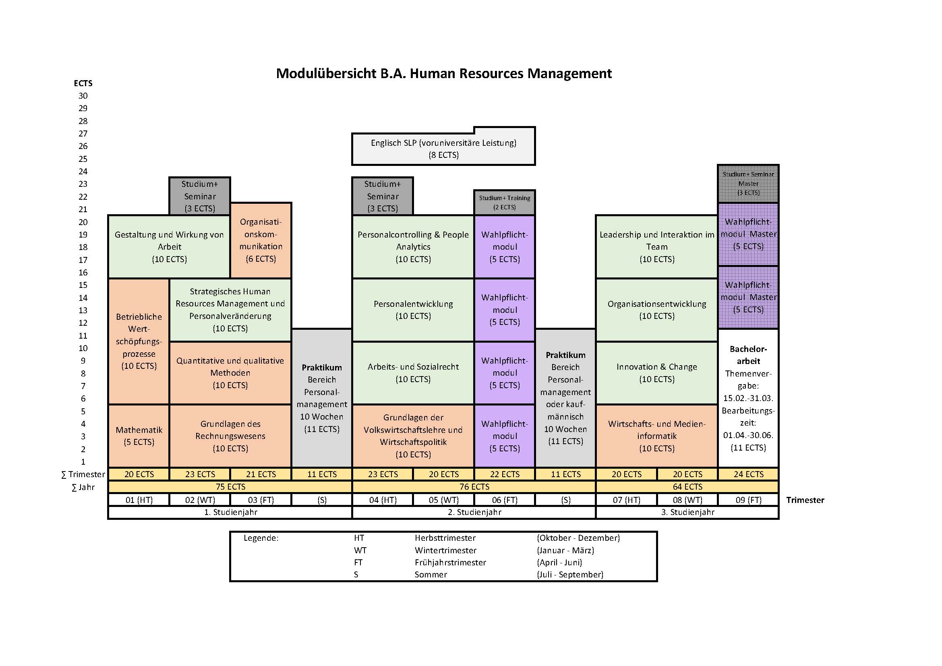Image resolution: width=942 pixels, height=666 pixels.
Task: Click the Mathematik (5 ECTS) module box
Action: [x=139, y=436]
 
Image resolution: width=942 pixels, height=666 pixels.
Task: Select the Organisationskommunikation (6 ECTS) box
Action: [x=261, y=240]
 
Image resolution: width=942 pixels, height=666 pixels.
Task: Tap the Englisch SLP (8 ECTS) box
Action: [x=443, y=149]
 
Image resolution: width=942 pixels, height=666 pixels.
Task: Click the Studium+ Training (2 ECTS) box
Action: [x=505, y=203]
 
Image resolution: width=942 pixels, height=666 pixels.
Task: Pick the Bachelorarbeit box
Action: [x=748, y=398]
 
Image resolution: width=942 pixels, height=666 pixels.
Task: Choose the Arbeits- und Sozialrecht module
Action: [x=413, y=373]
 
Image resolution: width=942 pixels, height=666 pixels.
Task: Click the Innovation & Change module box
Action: [x=656, y=373]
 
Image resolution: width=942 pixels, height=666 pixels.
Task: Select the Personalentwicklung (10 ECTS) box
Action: [x=413, y=310]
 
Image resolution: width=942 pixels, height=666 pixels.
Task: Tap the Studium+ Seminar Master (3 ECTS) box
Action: [x=748, y=183]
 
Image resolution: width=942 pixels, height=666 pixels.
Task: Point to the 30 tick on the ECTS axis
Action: [x=83, y=96]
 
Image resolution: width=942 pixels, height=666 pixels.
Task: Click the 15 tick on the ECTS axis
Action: [x=83, y=285]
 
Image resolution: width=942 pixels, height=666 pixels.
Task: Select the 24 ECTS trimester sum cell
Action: [x=748, y=474]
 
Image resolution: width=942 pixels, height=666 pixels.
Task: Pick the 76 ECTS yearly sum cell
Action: [x=474, y=487]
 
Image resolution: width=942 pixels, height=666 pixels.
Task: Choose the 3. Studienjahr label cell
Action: [x=687, y=512]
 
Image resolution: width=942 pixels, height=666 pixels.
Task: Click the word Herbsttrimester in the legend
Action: [x=445, y=538]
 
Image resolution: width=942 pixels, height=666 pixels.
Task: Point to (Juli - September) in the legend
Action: [x=570, y=575]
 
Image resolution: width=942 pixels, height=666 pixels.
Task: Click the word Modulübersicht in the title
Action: [x=326, y=74]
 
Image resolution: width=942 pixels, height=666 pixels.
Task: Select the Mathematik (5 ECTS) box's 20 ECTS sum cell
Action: [x=139, y=474]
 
